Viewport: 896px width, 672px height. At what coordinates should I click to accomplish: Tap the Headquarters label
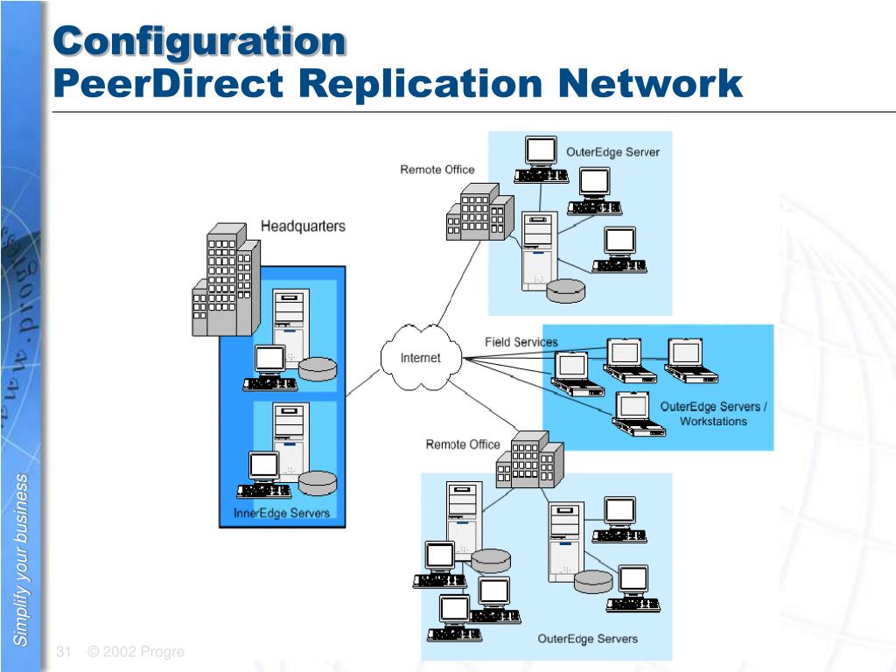(303, 227)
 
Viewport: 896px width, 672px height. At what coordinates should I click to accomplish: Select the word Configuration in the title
(199, 41)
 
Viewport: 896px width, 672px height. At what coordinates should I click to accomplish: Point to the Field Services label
(521, 342)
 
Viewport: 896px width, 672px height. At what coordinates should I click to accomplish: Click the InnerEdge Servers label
(282, 513)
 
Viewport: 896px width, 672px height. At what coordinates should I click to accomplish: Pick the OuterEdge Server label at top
(612, 152)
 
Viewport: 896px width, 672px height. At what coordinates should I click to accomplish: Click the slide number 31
(63, 652)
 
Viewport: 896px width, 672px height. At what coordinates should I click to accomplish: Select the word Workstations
(714, 422)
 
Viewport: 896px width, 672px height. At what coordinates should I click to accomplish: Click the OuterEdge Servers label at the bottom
(587, 639)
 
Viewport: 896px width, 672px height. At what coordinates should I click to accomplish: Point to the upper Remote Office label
(437, 170)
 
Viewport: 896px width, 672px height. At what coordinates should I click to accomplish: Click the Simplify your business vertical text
(21, 560)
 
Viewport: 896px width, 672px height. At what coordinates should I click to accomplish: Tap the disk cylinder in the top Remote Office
(565, 290)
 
